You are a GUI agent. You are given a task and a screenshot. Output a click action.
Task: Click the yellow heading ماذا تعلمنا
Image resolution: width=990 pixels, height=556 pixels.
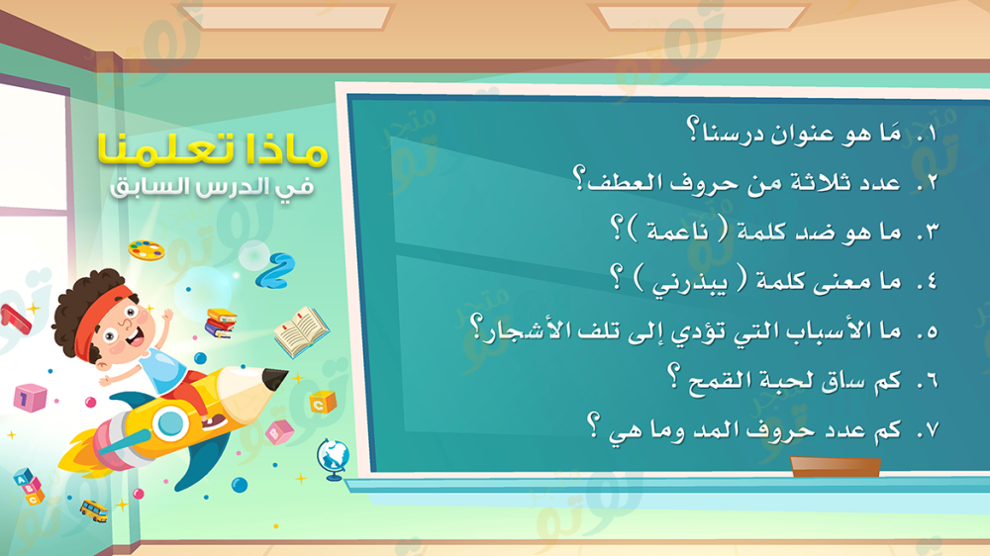point(213,149)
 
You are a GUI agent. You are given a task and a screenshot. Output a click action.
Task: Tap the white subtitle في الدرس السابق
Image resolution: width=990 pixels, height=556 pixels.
point(212,187)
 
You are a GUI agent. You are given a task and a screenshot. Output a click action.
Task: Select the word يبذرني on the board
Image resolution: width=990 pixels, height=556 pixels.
point(689,282)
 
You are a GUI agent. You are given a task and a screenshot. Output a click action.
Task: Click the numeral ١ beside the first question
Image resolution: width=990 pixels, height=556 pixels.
point(931,134)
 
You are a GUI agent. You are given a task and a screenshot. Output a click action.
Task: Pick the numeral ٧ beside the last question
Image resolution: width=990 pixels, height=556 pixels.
point(932,430)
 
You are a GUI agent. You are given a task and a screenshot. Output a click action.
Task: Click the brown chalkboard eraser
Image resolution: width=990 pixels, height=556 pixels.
point(836,466)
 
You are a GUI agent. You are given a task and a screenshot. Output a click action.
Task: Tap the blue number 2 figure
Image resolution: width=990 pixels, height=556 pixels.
point(276,271)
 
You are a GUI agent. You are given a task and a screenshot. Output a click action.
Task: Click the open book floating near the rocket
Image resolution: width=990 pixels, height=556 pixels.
point(302,331)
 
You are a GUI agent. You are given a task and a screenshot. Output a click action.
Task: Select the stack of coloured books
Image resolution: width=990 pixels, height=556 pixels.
point(221,323)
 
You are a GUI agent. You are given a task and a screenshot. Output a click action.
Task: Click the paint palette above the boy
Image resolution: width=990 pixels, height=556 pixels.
point(147,250)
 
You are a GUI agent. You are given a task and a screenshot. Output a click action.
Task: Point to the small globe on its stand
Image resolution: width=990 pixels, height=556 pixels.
point(333,459)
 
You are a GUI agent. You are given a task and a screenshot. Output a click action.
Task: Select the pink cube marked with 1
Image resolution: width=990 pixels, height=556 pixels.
point(31,398)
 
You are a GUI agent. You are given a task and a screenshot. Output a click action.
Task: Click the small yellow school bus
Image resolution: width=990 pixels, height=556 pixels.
point(93,510)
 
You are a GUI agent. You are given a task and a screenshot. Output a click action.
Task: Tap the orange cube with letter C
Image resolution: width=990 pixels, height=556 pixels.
point(323,402)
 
